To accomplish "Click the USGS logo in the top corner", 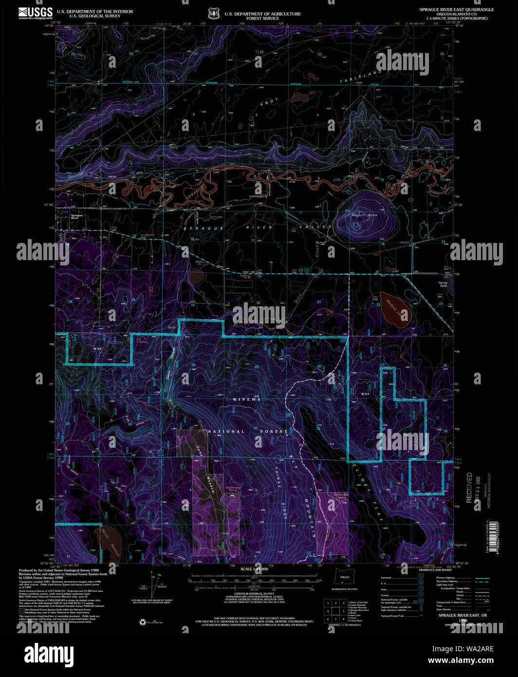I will tap(36, 12).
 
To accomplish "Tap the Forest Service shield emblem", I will tap(213, 13).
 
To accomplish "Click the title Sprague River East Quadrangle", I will tap(456, 10).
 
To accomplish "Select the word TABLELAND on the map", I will tap(361, 76).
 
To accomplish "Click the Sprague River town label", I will tap(76, 217).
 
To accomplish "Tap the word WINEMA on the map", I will tap(246, 399).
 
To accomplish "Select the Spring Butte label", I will tap(443, 284).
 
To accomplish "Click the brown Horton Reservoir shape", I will tap(110, 539).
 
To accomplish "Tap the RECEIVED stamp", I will tap(469, 488).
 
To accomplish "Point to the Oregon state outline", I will tap(344, 577).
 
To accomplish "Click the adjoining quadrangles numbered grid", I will tap(335, 610).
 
